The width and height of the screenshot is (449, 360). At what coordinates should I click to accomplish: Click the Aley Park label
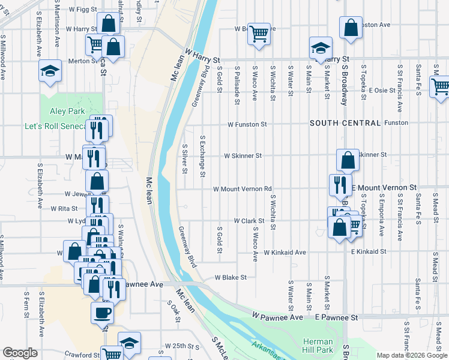(x=67, y=111)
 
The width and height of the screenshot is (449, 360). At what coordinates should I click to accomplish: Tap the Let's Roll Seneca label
(x=56, y=127)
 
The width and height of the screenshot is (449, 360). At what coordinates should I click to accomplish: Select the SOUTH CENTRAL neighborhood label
(x=345, y=123)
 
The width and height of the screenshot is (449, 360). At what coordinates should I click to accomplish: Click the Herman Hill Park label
(x=317, y=345)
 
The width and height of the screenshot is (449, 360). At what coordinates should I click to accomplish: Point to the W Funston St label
(x=247, y=124)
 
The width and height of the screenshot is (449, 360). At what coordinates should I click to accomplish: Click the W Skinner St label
(x=243, y=155)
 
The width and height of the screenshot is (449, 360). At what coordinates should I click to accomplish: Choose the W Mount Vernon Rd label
(x=243, y=188)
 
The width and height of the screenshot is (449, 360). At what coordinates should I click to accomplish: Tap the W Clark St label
(x=249, y=221)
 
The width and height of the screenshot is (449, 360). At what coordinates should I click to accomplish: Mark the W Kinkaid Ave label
(x=285, y=253)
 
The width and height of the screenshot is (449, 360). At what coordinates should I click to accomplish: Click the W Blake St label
(x=231, y=277)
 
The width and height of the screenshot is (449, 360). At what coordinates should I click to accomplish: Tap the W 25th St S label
(x=182, y=347)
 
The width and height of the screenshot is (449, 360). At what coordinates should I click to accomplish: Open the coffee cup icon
(x=102, y=312)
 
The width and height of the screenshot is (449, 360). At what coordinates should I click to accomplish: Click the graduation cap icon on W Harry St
(x=321, y=47)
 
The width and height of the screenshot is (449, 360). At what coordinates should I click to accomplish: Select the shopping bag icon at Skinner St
(x=348, y=160)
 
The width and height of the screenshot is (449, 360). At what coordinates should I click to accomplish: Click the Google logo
(x=20, y=353)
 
